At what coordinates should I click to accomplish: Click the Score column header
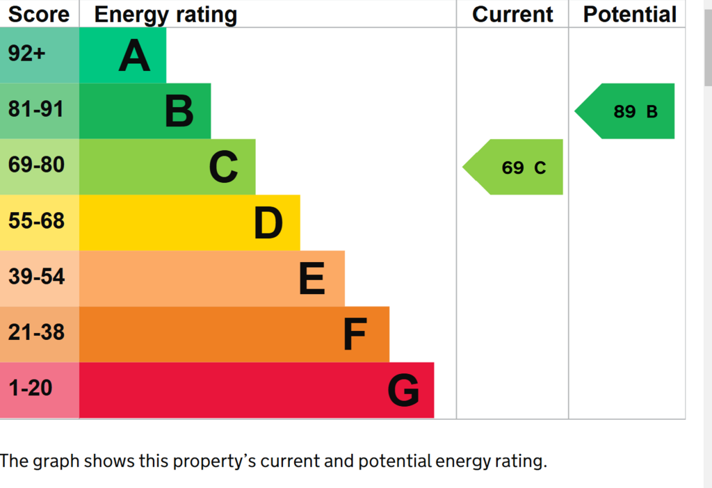(39, 14)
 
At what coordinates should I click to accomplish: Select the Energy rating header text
(165, 15)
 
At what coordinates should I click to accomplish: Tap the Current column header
(512, 14)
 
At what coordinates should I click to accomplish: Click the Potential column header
(630, 14)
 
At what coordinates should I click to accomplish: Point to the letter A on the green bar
(134, 56)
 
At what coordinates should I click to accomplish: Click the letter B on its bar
(179, 111)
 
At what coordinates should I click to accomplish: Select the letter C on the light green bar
(223, 167)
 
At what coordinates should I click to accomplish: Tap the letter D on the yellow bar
(268, 222)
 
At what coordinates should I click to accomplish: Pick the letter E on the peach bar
(312, 278)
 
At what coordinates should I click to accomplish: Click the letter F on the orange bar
(355, 334)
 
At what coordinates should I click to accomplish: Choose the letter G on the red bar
(403, 390)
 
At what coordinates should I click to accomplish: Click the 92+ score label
(26, 54)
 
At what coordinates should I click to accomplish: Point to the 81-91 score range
(36, 109)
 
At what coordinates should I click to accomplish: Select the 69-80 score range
(36, 164)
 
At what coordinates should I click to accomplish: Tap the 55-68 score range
(36, 220)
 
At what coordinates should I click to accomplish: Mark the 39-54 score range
(36, 277)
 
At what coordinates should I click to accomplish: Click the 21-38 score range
(36, 332)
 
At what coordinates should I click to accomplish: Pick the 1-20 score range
(31, 388)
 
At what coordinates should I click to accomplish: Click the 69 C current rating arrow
(512, 167)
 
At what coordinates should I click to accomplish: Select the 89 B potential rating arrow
(625, 111)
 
